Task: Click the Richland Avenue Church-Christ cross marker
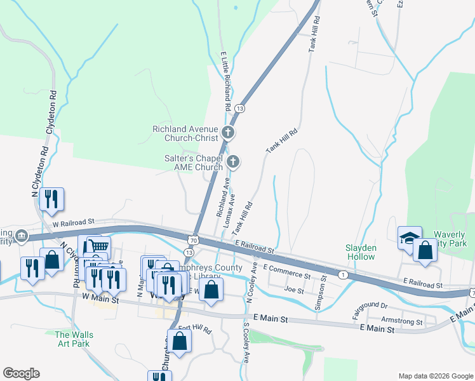click(228, 133)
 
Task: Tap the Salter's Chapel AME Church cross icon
click(233, 162)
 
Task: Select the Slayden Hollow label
click(361, 252)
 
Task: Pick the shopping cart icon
click(98, 247)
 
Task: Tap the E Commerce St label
click(286, 273)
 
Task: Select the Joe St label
click(294, 289)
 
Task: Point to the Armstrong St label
click(403, 322)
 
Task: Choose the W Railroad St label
click(74, 222)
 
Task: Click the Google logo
click(21, 373)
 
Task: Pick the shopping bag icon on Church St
click(180, 341)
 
